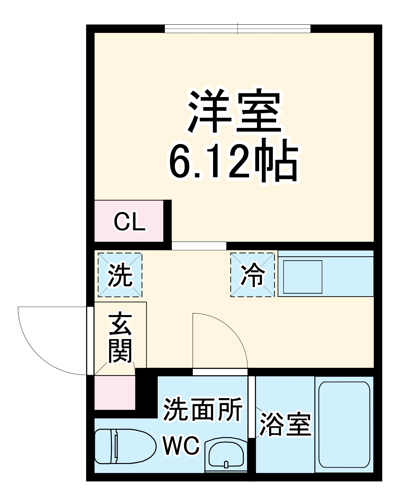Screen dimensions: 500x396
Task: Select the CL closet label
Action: (x=129, y=222)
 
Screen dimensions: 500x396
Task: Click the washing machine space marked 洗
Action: (x=120, y=275)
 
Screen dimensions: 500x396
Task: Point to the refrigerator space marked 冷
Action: (x=252, y=275)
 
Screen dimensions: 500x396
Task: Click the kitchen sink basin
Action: (x=303, y=277)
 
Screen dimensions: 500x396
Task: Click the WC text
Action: (x=181, y=446)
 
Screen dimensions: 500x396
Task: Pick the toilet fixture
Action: (x=124, y=446)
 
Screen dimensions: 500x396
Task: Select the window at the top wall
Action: (x=238, y=29)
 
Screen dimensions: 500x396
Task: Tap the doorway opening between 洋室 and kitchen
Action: (x=199, y=246)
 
